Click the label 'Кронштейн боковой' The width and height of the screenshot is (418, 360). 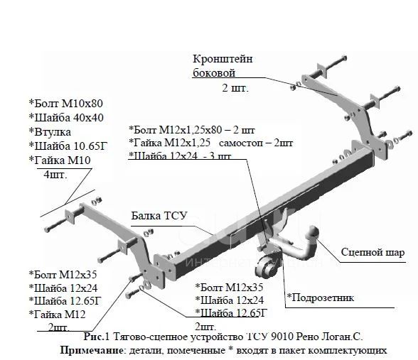[223, 65]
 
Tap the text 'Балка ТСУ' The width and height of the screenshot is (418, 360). [159, 216]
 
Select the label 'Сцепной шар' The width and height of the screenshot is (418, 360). [373, 252]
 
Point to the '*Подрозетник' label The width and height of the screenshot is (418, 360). [321, 298]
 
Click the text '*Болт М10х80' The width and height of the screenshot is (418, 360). [66, 104]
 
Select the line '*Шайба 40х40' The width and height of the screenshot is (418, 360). [66, 117]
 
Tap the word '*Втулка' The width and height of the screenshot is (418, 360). [50, 132]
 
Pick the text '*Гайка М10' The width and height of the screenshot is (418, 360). [60, 160]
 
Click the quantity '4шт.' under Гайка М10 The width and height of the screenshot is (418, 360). [55, 175]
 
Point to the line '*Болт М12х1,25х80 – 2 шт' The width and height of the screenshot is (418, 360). [192, 130]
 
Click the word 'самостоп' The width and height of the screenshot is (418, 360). [241, 143]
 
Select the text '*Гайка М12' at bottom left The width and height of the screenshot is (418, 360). [57, 315]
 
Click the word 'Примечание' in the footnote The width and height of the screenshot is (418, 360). [92, 350]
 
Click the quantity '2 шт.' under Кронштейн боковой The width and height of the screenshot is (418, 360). [235, 88]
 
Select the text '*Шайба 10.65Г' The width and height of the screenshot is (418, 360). [68, 146]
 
